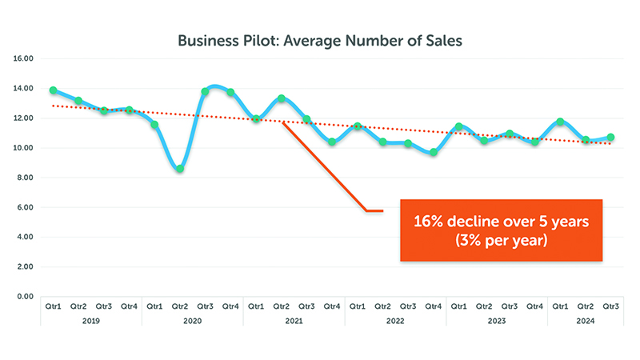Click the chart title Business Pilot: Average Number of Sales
click(x=320, y=39)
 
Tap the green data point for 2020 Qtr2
click(x=180, y=169)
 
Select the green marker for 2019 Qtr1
click(x=53, y=90)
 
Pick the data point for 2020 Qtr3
click(x=205, y=91)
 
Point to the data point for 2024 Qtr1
click(x=561, y=122)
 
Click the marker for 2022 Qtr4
click(x=434, y=152)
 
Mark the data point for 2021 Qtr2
click(x=281, y=98)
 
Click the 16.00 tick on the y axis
click(x=22, y=59)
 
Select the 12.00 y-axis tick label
click(x=22, y=118)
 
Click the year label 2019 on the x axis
click(x=90, y=320)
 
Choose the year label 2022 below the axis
click(x=395, y=320)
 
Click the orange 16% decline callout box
click(x=501, y=230)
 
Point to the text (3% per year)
click(x=502, y=241)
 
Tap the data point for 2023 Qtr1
click(x=459, y=126)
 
